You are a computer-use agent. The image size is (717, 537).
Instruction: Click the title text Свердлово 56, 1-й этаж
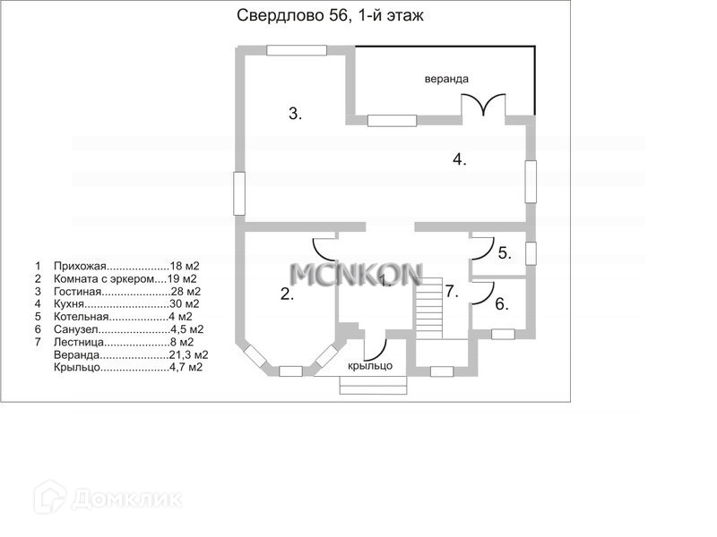[330, 16]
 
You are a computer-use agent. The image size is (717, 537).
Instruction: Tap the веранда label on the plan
[446, 79]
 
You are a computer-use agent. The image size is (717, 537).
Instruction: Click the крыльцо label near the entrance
[370, 366]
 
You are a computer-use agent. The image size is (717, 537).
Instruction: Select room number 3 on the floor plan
[295, 114]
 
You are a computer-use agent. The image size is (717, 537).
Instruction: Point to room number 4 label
[460, 159]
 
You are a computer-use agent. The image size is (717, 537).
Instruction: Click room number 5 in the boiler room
[505, 253]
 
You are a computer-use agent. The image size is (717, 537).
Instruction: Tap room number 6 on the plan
[502, 303]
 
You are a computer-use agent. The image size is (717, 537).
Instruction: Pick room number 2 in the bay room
[287, 294]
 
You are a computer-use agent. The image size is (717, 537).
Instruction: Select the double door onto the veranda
[483, 103]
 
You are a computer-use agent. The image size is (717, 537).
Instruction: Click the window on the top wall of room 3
[297, 50]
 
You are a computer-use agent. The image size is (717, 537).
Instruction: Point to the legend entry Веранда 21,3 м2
[131, 354]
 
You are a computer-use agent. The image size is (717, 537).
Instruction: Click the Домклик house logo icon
[50, 497]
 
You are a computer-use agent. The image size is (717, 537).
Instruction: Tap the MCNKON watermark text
[356, 275]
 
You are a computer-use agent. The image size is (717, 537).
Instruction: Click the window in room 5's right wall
[531, 253]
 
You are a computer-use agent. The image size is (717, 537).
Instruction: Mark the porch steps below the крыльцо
[373, 385]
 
